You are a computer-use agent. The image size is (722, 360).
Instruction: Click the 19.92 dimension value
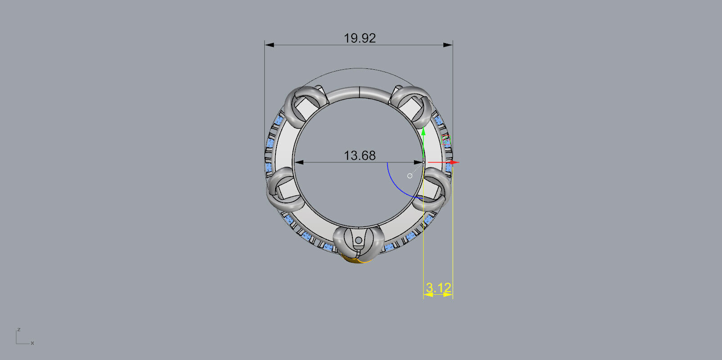click(x=360, y=38)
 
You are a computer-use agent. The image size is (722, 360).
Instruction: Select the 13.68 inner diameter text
click(x=359, y=156)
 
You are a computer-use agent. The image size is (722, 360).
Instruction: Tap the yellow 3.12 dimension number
click(x=438, y=288)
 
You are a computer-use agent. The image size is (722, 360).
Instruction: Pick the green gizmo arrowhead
click(x=424, y=131)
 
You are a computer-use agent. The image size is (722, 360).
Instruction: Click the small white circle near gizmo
click(x=410, y=176)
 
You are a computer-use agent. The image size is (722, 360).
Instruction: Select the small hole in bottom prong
click(x=358, y=241)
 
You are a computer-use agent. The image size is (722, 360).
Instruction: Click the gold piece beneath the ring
click(x=356, y=260)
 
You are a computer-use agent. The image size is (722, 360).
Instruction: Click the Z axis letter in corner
click(x=18, y=330)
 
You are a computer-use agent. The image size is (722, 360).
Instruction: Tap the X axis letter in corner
click(x=32, y=343)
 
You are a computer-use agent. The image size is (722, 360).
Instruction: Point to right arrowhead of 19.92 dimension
click(x=448, y=45)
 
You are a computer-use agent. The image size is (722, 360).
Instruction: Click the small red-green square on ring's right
click(x=446, y=140)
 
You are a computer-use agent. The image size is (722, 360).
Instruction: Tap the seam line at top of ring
click(x=359, y=91)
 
